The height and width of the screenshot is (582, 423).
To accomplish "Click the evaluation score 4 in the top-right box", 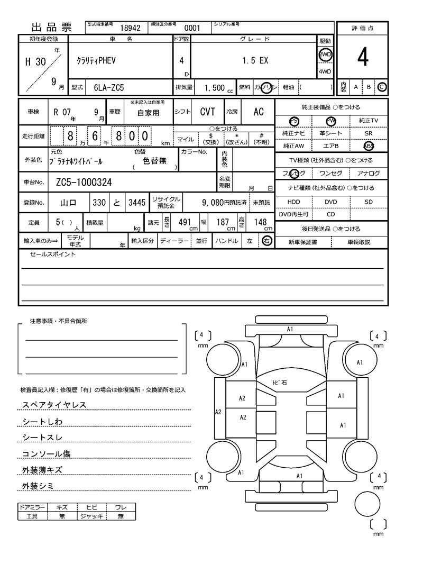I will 362,58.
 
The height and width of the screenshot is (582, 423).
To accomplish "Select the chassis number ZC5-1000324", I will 84,183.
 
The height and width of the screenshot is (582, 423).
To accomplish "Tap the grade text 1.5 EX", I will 255,61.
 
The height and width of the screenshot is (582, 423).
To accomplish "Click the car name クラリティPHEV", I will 96,61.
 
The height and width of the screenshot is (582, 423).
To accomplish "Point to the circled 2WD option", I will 325,54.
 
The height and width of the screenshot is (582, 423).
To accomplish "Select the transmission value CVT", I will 207,112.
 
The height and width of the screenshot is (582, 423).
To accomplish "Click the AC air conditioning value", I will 258,112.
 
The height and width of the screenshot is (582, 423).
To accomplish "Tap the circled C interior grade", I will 382,87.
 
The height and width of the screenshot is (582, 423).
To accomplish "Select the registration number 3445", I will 136,202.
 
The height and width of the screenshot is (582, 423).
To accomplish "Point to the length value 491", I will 184,222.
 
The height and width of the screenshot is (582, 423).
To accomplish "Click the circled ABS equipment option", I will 368,145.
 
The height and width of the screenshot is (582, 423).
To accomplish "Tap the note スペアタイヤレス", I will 54,405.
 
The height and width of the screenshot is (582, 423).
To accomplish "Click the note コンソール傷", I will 46,453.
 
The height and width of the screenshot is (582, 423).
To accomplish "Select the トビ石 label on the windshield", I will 279,382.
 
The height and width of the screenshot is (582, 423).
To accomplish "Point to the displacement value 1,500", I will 214,87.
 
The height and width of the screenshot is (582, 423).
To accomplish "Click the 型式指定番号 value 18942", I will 130,29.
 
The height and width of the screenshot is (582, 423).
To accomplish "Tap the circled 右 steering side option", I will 267,241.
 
